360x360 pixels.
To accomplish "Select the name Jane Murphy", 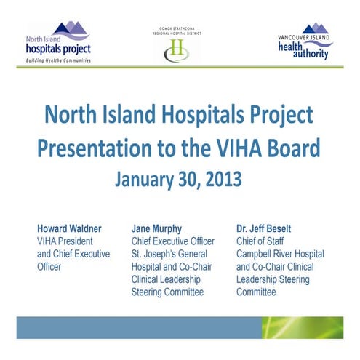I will coord(159,228).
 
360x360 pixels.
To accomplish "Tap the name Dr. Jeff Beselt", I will coord(269,228).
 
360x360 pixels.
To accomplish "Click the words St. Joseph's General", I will coord(169,254).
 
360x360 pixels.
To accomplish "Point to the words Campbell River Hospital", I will coord(280,254).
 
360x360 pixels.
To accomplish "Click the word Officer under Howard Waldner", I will coord(52,267).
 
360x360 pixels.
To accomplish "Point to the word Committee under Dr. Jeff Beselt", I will coord(256,292).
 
